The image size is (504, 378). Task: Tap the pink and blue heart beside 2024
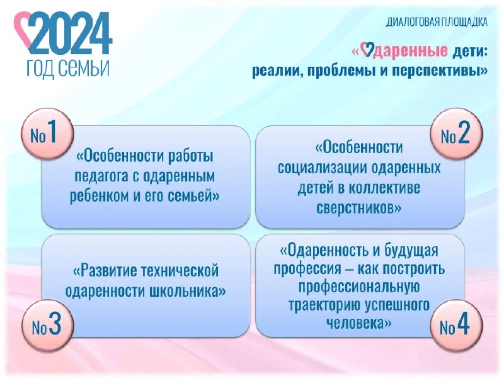23,27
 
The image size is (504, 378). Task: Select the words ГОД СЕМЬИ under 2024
68,68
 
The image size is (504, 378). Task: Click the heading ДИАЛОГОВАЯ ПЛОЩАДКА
437,22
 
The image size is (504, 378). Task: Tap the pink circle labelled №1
47,134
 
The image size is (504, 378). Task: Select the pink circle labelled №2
456,134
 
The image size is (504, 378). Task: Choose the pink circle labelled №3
48,325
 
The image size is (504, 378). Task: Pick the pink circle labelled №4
456,325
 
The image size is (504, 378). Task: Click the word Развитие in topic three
105,271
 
